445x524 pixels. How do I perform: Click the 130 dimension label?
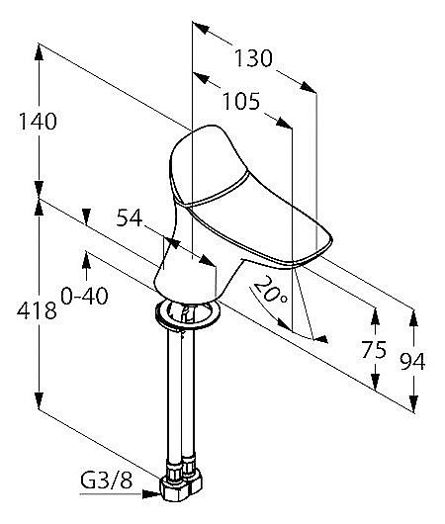(253, 58)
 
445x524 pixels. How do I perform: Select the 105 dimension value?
(240, 101)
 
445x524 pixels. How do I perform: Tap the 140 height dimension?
(38, 121)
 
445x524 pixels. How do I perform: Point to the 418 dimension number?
(37, 310)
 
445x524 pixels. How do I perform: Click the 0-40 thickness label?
(85, 296)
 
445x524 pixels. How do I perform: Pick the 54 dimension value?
(130, 218)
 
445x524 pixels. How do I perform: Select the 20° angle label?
(270, 290)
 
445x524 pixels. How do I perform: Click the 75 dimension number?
(374, 350)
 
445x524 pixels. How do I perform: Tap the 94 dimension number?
(412, 361)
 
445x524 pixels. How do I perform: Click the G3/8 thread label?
(107, 480)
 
